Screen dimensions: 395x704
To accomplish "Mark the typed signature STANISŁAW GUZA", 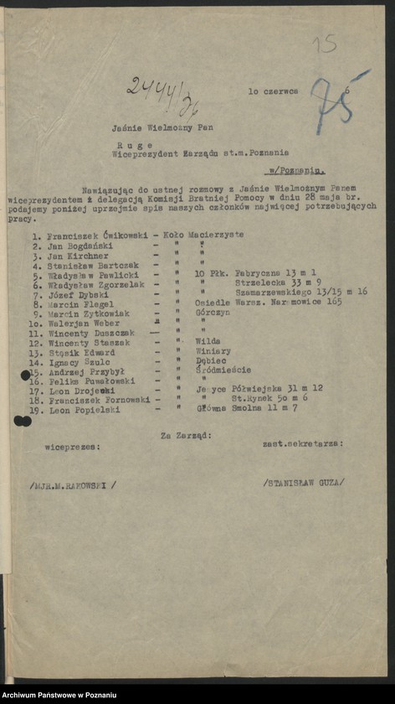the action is click(x=302, y=482).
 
